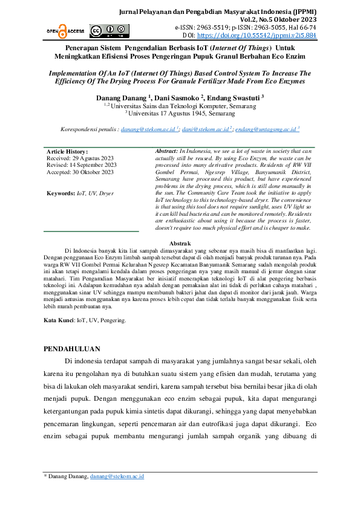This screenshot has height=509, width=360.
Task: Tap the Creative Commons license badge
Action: point(103,31)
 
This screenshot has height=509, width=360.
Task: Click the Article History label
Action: point(67,151)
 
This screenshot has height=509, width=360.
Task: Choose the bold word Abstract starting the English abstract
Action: point(166,151)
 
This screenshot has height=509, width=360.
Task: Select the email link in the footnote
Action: point(117,476)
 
